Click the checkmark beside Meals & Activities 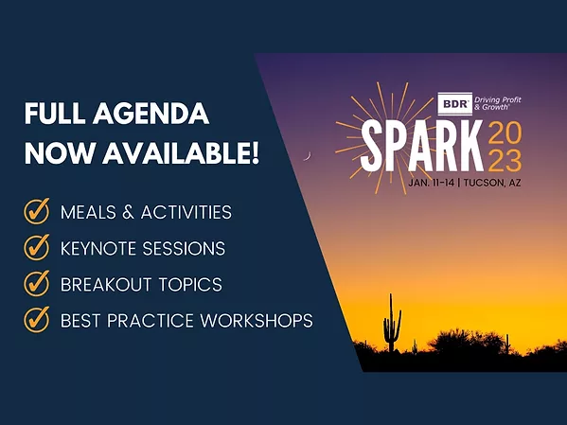37,211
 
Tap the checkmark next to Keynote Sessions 37,248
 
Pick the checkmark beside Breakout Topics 37,284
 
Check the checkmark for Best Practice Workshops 37,320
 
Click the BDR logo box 454,103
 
